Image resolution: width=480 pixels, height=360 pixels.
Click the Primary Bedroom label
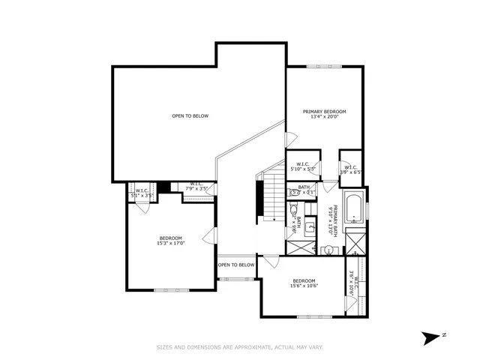pos(324,112)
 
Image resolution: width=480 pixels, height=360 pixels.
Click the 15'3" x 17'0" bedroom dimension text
pos(171,243)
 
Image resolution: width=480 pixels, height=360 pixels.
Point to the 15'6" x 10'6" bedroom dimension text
pos(305,285)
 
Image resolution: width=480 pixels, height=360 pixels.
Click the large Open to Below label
pos(190,115)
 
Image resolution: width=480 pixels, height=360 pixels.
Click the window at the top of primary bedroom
pos(325,67)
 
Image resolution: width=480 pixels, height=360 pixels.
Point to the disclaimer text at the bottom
pos(239,347)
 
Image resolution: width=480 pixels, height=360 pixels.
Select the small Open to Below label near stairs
pos(236,265)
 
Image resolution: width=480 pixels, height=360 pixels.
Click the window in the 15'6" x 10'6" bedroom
pos(313,316)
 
